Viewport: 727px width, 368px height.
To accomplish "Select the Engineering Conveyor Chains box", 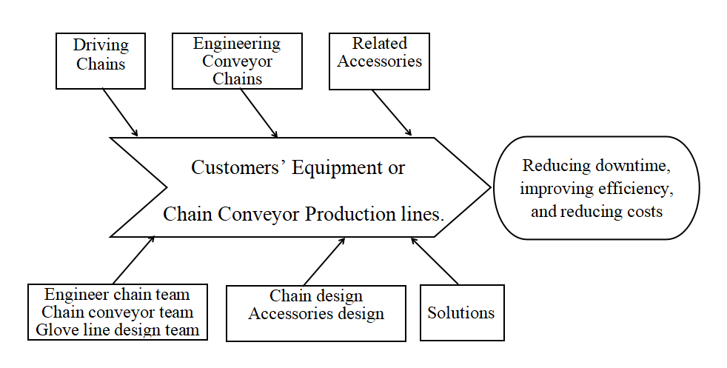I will click(237, 61).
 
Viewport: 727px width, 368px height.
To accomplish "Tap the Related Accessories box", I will click(379, 61).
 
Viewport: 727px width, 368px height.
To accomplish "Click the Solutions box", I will click(461, 312).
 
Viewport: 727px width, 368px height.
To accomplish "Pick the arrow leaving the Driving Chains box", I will click(120, 113).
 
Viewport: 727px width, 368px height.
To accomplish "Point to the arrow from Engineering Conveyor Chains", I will click(258, 113).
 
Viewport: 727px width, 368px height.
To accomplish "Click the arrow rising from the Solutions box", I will click(435, 261).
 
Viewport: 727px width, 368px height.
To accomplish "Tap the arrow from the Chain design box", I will click(324, 261).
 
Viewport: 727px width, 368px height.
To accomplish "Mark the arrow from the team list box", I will click(134, 260).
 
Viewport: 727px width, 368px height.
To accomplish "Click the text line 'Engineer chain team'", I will click(117, 295).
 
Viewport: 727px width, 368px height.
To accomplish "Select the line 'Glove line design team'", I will click(117, 329).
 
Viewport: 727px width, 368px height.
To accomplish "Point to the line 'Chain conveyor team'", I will click(117, 312).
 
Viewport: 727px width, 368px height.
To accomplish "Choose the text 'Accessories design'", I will click(316, 313).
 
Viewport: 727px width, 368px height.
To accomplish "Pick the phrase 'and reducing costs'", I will click(597, 211).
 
